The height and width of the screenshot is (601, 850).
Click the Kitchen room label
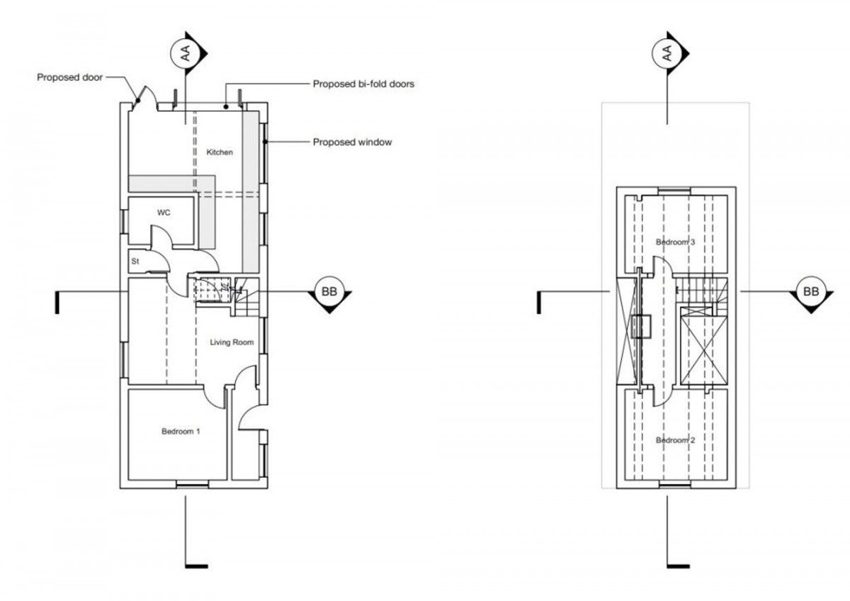tap(220, 152)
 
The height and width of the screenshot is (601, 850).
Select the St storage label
tap(134, 262)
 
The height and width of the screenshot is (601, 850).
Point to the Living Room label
tap(232, 342)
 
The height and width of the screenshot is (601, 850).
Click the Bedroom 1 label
tap(181, 431)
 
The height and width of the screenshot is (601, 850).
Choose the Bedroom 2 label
tap(675, 440)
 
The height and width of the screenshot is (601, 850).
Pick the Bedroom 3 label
tap(675, 242)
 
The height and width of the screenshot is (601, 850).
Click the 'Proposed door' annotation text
tap(70, 77)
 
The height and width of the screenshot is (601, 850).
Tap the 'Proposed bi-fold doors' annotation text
tap(363, 84)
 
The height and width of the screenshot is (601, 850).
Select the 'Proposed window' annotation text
tap(352, 142)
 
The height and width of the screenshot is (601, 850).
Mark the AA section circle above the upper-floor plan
tap(667, 54)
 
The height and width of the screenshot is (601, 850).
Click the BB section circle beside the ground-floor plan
tap(329, 291)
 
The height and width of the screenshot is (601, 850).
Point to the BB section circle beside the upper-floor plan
tap(811, 291)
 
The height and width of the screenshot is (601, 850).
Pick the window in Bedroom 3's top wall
tap(673, 190)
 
